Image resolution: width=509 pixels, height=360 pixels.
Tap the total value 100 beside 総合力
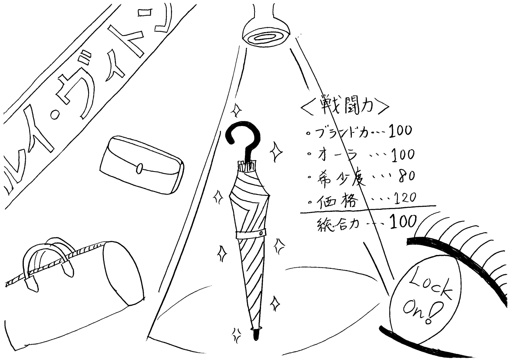click(403, 222)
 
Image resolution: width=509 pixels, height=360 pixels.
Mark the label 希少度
click(337, 177)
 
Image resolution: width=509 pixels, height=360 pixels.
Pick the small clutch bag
click(141, 165)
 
